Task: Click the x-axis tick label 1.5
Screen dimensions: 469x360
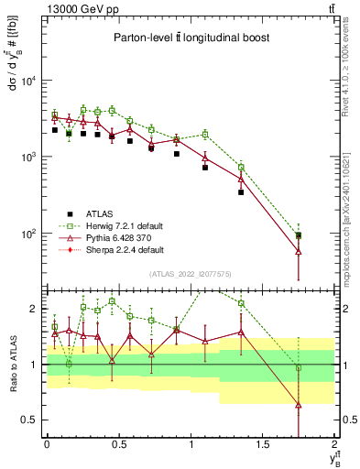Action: (263, 445)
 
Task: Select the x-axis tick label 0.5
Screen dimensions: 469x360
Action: (118, 445)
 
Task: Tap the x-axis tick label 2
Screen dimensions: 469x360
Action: (335, 445)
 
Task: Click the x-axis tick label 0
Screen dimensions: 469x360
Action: (47, 445)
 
